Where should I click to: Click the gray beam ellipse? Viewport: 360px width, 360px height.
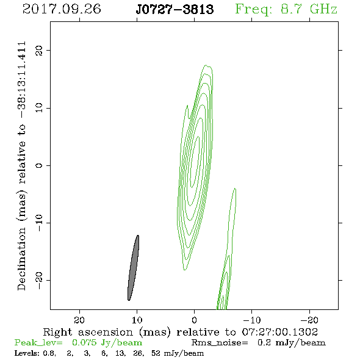tap(134, 268)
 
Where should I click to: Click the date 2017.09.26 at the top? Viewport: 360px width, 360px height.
tap(62, 9)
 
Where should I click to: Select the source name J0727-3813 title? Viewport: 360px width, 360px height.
tap(175, 9)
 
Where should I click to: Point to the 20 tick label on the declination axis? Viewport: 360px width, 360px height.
tap(39, 50)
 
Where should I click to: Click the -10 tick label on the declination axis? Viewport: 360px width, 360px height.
tap(39, 223)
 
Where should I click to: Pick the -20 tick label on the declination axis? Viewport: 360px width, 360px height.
tap(39, 280)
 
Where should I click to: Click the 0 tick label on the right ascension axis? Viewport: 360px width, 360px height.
tap(194, 320)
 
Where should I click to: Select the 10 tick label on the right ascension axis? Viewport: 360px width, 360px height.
tap(137, 320)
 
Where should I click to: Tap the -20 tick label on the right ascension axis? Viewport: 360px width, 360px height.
tap(309, 320)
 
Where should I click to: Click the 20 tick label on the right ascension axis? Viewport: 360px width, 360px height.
tap(80, 320)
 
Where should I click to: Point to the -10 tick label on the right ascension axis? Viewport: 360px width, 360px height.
tap(252, 320)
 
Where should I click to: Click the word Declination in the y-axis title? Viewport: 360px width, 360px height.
tap(21, 259)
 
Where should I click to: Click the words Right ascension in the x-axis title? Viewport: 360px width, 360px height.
tap(88, 332)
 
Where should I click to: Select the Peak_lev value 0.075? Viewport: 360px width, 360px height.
tap(84, 342)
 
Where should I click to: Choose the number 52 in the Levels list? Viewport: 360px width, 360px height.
tap(156, 353)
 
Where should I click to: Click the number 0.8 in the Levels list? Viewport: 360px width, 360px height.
tap(49, 353)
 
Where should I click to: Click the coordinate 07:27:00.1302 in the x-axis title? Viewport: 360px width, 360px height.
tap(280, 332)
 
